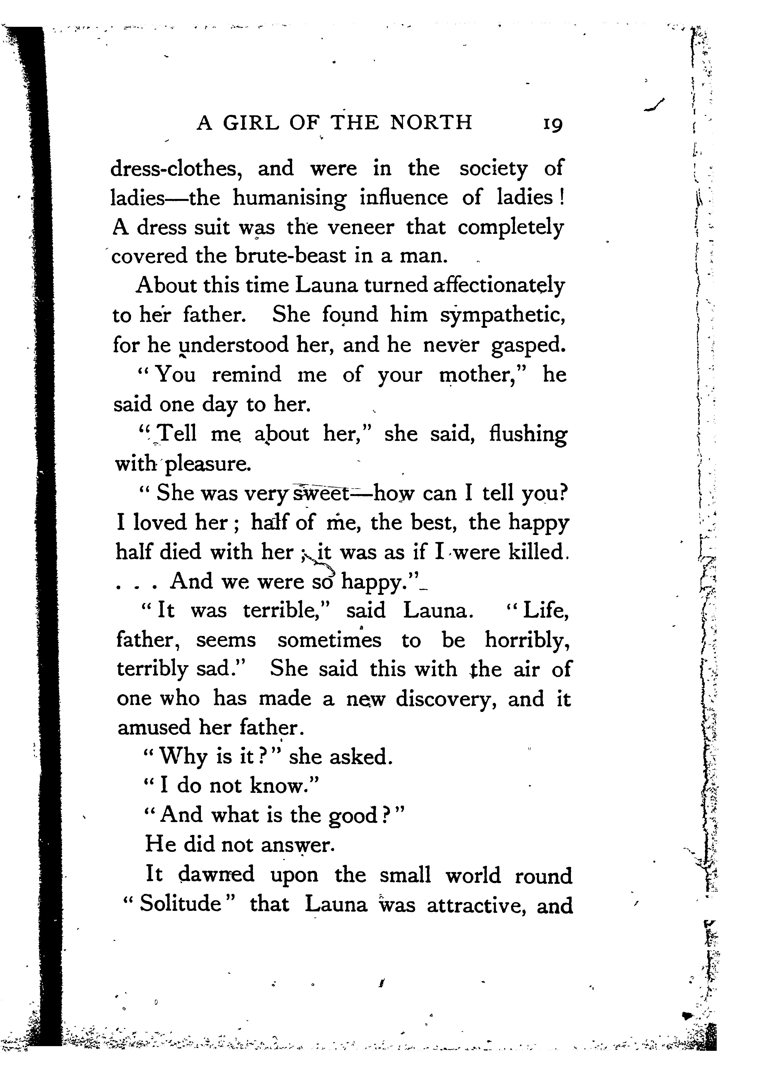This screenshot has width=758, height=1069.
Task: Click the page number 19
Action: (x=553, y=124)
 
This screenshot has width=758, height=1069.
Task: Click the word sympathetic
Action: (x=503, y=316)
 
